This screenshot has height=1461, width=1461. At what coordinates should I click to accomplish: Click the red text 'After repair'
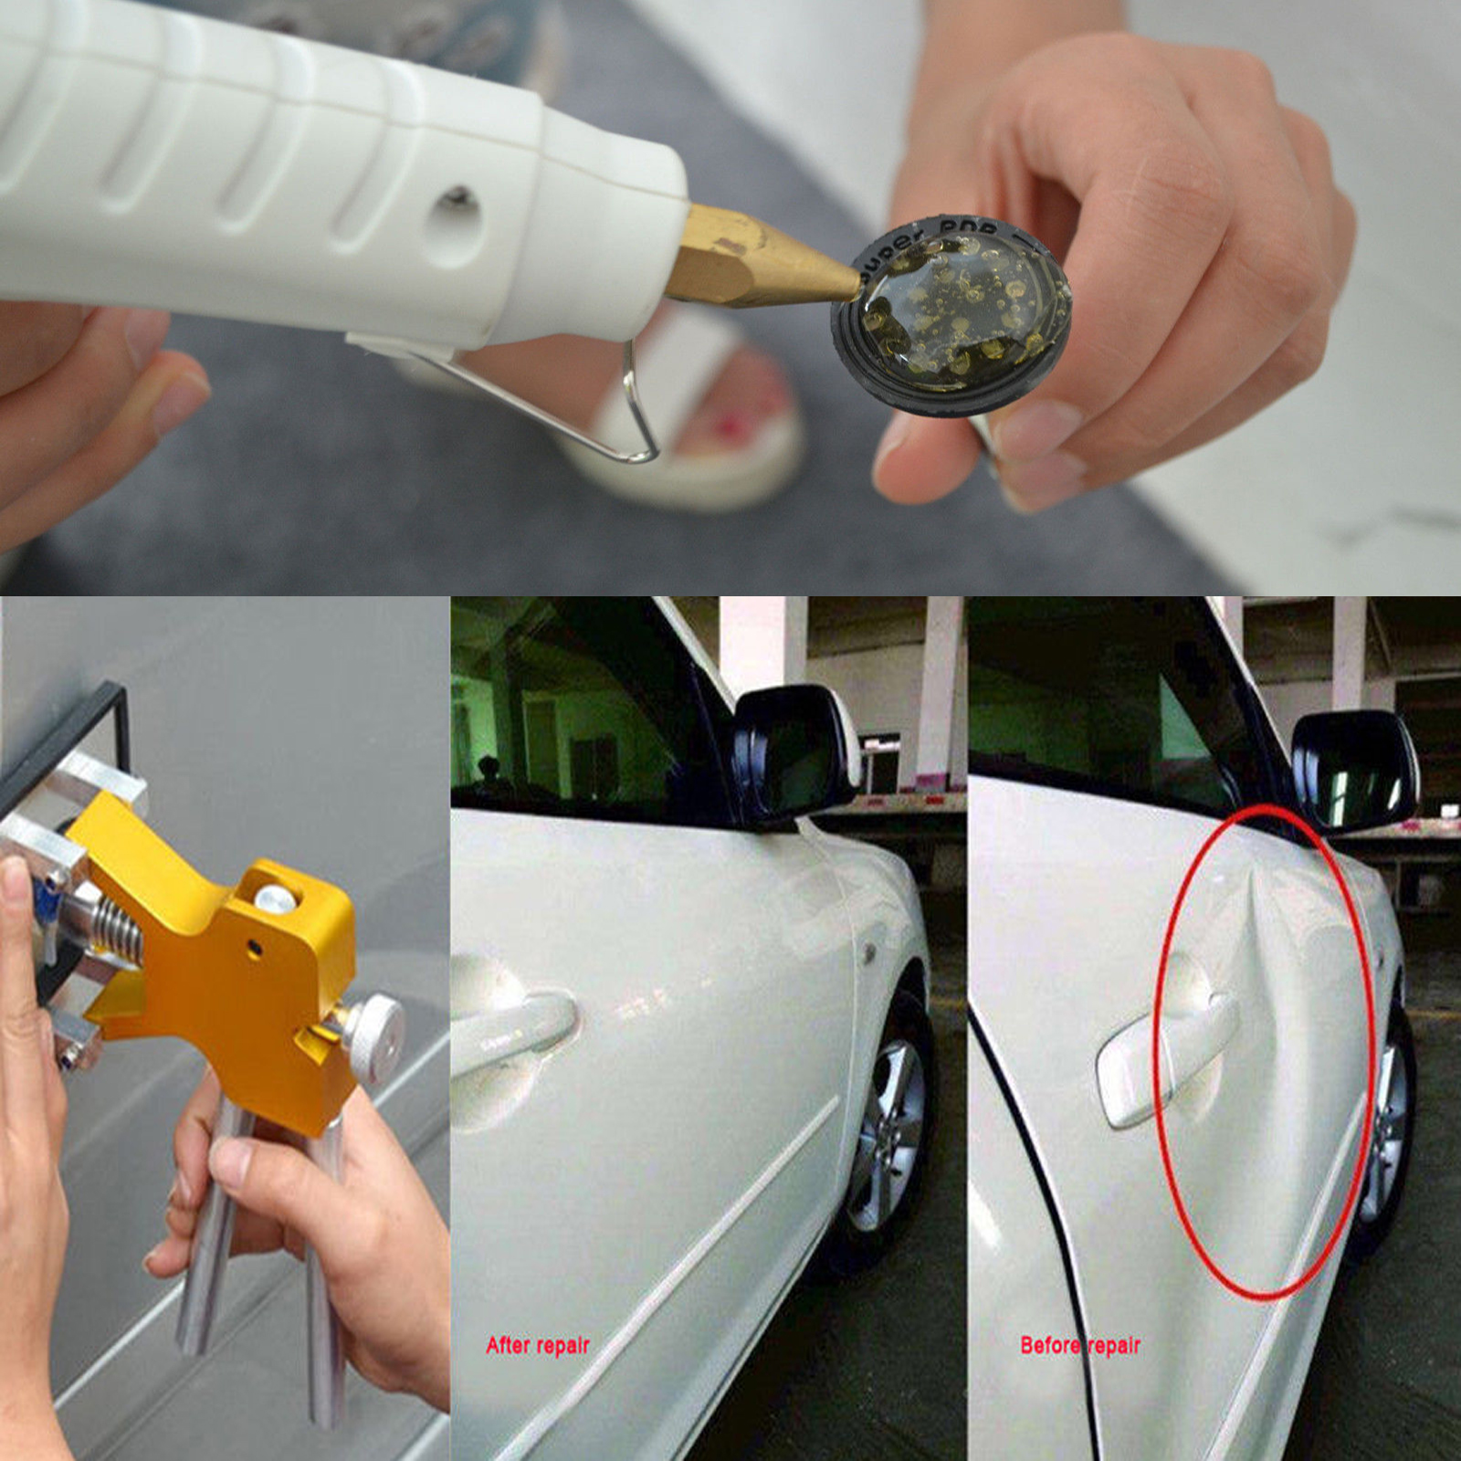point(537,1345)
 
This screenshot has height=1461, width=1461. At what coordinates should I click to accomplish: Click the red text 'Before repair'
point(1080,1345)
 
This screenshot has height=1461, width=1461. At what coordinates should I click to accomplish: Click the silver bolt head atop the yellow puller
point(276,900)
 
